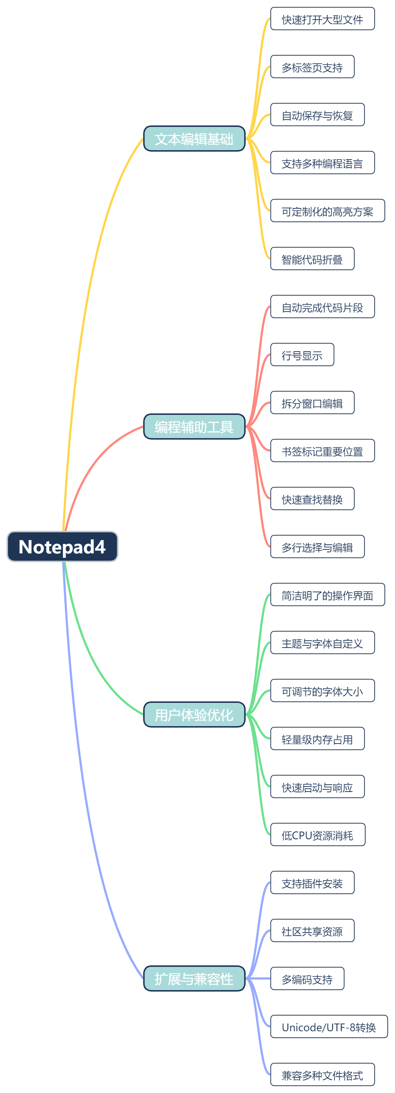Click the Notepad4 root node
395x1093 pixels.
click(62, 546)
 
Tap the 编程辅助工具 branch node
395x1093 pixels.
click(194, 427)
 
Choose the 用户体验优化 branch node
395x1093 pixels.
click(194, 714)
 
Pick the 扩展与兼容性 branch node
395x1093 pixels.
click(194, 978)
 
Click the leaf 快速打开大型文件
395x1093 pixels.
click(322, 19)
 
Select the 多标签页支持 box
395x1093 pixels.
click(312, 67)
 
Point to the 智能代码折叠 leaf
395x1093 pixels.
click(312, 259)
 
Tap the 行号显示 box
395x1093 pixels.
click(302, 355)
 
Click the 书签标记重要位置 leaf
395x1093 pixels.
click(322, 451)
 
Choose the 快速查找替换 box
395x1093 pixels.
click(312, 499)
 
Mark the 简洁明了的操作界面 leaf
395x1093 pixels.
click(327, 594)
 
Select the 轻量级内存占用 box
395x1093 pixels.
click(317, 739)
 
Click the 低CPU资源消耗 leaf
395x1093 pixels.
click(317, 834)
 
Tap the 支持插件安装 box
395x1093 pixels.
click(312, 882)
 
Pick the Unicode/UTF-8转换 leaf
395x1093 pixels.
click(329, 1026)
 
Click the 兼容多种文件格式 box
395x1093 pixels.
click(322, 1074)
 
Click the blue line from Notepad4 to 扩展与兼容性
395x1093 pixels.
click(85, 806)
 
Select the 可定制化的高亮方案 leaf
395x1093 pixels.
click(327, 211)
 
